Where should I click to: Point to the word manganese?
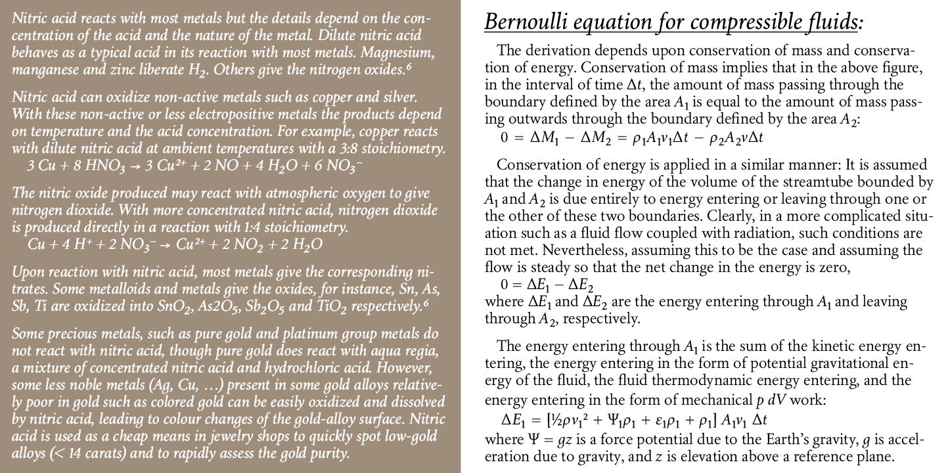pos(40,68)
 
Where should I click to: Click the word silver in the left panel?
pos(399,98)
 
